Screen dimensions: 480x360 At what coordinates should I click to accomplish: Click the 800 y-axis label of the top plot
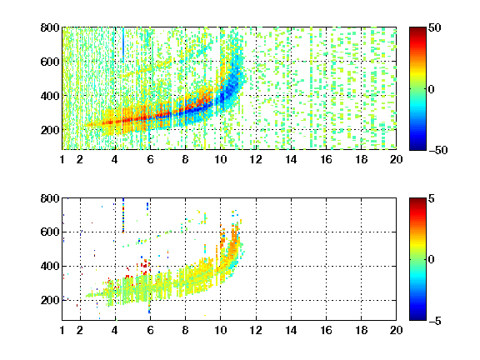point(50,27)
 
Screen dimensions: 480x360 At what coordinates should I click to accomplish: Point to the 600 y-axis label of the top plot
point(50,62)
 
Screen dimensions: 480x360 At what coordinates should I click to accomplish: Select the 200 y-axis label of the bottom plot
point(50,300)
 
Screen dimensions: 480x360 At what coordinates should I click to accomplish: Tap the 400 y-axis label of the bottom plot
point(50,266)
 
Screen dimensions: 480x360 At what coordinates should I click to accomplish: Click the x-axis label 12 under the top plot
point(256,159)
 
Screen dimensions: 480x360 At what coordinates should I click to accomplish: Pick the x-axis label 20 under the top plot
point(396,159)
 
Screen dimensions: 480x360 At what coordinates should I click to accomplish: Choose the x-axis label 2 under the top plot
point(80,159)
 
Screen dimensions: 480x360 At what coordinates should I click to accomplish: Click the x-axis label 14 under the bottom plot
point(291,330)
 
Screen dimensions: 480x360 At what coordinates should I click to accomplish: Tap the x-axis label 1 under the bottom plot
point(62,330)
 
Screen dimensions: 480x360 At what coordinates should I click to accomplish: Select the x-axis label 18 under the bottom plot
point(361,330)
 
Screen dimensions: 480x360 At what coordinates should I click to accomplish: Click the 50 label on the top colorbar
point(435,27)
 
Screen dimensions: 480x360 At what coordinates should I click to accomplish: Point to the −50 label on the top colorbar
point(437,150)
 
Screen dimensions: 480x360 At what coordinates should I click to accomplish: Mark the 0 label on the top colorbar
point(432,89)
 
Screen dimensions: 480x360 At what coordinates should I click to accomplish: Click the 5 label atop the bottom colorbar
point(432,198)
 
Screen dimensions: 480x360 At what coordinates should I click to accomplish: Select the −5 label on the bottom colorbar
point(435,321)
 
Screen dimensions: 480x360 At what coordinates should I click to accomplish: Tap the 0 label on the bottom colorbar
point(432,260)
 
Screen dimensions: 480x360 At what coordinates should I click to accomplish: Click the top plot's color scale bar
point(417,89)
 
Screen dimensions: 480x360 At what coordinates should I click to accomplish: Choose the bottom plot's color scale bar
point(417,259)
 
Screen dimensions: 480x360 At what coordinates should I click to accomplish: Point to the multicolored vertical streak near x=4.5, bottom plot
point(123,215)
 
